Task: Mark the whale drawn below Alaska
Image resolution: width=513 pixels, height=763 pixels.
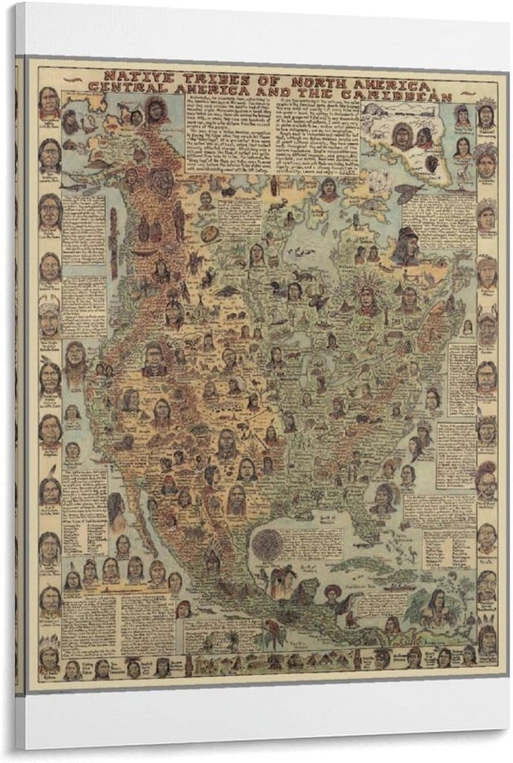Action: point(74,187)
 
